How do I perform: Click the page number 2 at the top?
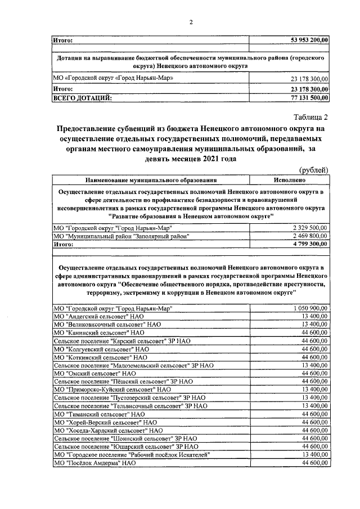(x=191, y=22)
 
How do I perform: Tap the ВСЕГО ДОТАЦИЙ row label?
(x=82, y=98)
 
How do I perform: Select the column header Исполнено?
(x=290, y=181)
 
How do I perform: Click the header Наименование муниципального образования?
(x=151, y=181)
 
